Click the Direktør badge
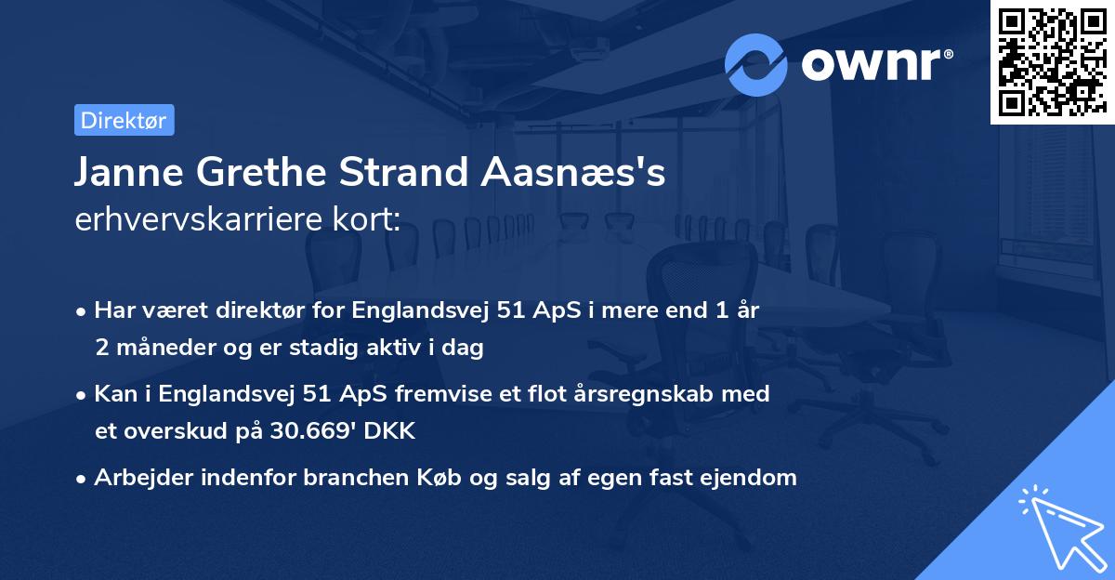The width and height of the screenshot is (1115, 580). [x=124, y=120]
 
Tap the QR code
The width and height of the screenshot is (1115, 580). [x=1052, y=61]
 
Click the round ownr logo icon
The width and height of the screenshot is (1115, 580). [x=756, y=64]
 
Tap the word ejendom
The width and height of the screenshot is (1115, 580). [x=752, y=478]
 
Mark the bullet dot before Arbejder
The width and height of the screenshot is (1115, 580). [x=82, y=479]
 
